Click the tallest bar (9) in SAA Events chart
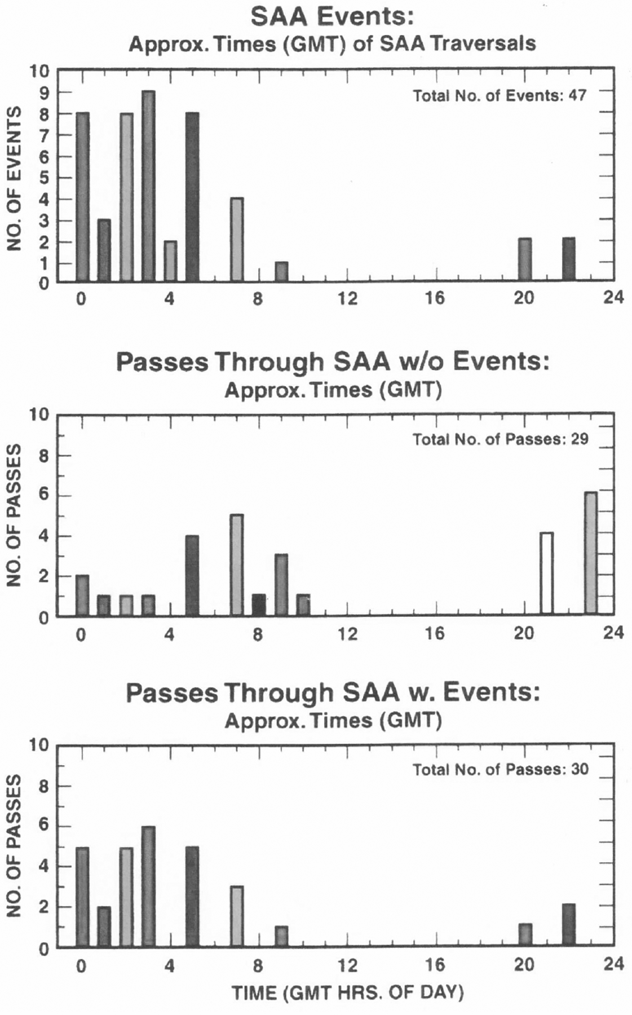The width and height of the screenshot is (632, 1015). [148, 186]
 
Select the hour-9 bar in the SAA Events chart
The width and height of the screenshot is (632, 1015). [281, 272]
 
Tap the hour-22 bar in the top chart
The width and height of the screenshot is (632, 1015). [568, 259]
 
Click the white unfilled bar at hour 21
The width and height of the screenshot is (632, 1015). [546, 573]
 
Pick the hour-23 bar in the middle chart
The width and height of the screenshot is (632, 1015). [590, 553]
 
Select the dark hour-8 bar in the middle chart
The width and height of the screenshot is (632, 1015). [259, 604]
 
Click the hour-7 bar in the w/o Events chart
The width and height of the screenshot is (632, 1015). [237, 564]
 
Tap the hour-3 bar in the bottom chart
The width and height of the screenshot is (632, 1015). [148, 886]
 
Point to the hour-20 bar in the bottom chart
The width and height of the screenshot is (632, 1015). [525, 935]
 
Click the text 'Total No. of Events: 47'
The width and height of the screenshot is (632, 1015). [500, 95]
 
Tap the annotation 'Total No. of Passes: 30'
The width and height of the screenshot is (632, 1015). [500, 769]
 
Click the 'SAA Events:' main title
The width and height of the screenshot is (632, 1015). [332, 17]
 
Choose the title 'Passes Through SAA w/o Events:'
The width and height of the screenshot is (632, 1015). [332, 362]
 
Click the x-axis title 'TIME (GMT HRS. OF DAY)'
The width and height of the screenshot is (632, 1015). [347, 993]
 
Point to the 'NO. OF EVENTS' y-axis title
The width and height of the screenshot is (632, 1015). [14, 178]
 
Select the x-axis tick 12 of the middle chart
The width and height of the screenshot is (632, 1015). [347, 634]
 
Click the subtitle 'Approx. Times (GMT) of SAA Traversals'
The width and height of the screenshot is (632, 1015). [332, 44]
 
